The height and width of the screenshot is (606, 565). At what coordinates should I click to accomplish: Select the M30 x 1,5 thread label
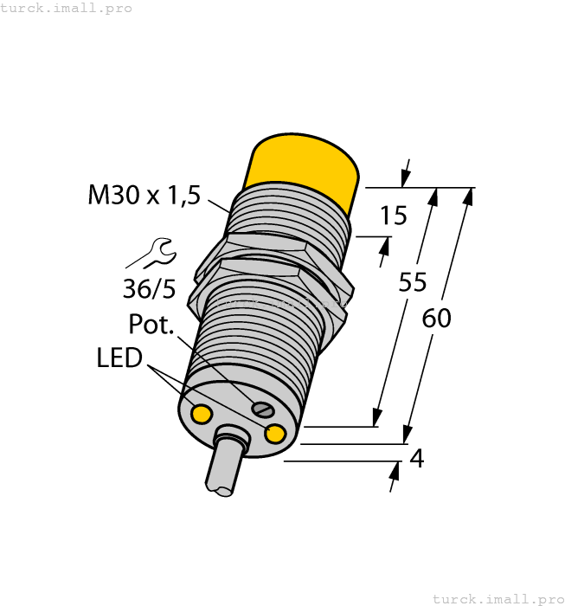(x=144, y=195)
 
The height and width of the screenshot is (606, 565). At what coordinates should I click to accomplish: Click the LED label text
(x=119, y=357)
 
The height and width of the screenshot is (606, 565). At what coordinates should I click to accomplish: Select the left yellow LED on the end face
(x=201, y=415)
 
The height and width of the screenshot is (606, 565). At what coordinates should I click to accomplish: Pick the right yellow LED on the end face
(x=276, y=434)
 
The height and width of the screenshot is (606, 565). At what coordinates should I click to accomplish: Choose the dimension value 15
(x=393, y=216)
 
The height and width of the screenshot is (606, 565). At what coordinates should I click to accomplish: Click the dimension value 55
(x=413, y=282)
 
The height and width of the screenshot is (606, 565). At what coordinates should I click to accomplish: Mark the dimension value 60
(x=436, y=319)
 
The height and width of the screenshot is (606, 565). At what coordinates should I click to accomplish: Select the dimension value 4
(x=416, y=459)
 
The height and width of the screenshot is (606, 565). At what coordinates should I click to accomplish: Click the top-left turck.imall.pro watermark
(x=67, y=8)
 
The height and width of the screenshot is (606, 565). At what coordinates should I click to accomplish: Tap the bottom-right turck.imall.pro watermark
(x=498, y=598)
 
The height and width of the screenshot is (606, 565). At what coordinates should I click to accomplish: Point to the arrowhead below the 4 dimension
(x=396, y=471)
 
